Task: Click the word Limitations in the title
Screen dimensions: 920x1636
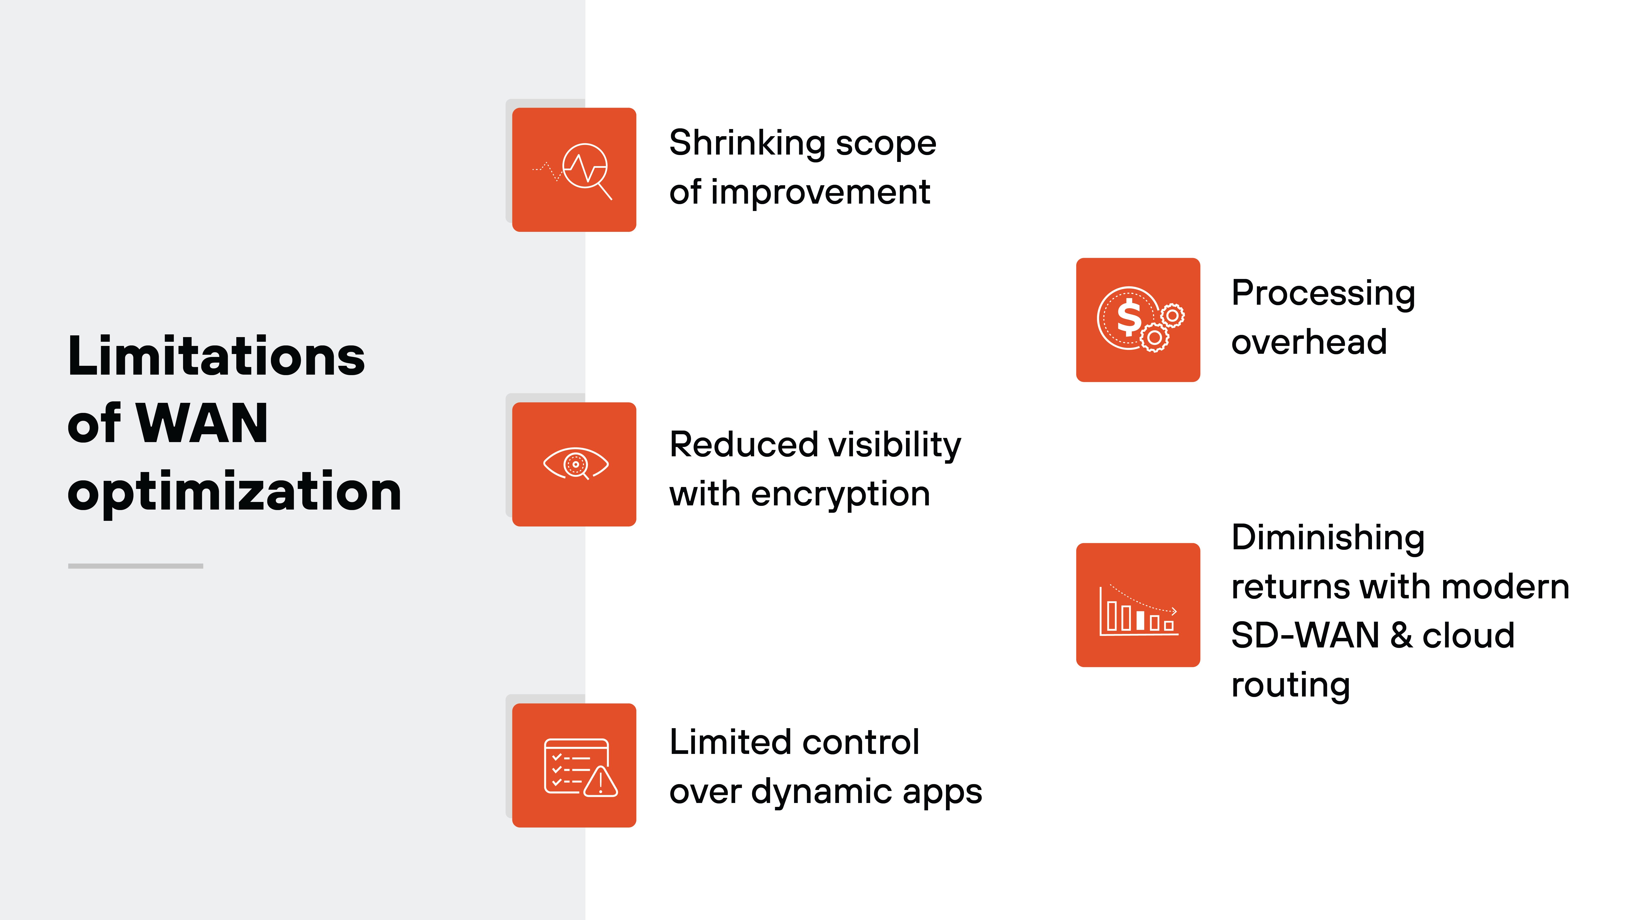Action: pyautogui.click(x=216, y=357)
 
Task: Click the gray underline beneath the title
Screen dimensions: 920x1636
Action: pyautogui.click(x=135, y=566)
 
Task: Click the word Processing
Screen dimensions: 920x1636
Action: pyautogui.click(x=1323, y=294)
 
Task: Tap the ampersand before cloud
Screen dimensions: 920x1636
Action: pyautogui.click(x=1401, y=636)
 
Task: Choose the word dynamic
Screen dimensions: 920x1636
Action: pyautogui.click(x=822, y=792)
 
